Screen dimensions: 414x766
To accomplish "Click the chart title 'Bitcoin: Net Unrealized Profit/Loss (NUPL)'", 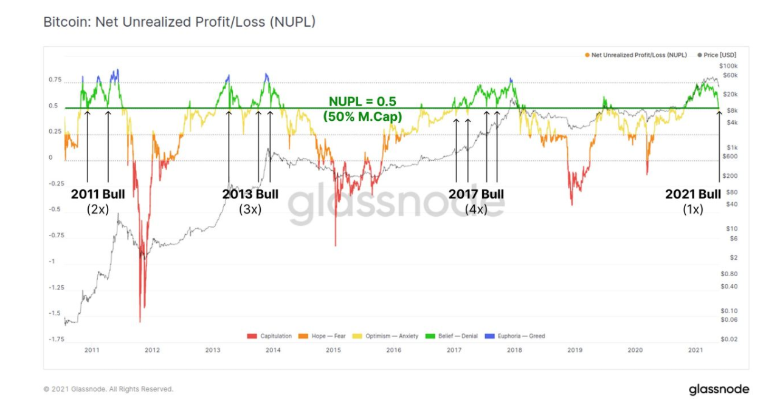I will (179, 22).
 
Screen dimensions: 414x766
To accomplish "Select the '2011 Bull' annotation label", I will (98, 194).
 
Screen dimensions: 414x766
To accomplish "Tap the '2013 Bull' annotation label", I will (250, 194).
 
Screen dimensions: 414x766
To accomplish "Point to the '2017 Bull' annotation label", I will (476, 194).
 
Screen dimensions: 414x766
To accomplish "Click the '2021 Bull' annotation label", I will (692, 194).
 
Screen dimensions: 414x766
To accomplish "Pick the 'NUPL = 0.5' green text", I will (362, 101).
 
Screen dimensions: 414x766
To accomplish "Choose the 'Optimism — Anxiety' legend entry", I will (388, 336).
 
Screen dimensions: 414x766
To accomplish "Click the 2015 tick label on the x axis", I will (333, 350).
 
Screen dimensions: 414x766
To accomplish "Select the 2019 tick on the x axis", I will (575, 350).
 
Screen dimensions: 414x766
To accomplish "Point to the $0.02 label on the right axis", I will (729, 339).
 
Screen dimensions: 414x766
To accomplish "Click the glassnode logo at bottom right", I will (719, 390).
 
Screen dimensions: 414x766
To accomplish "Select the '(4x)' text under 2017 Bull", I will (476, 209).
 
